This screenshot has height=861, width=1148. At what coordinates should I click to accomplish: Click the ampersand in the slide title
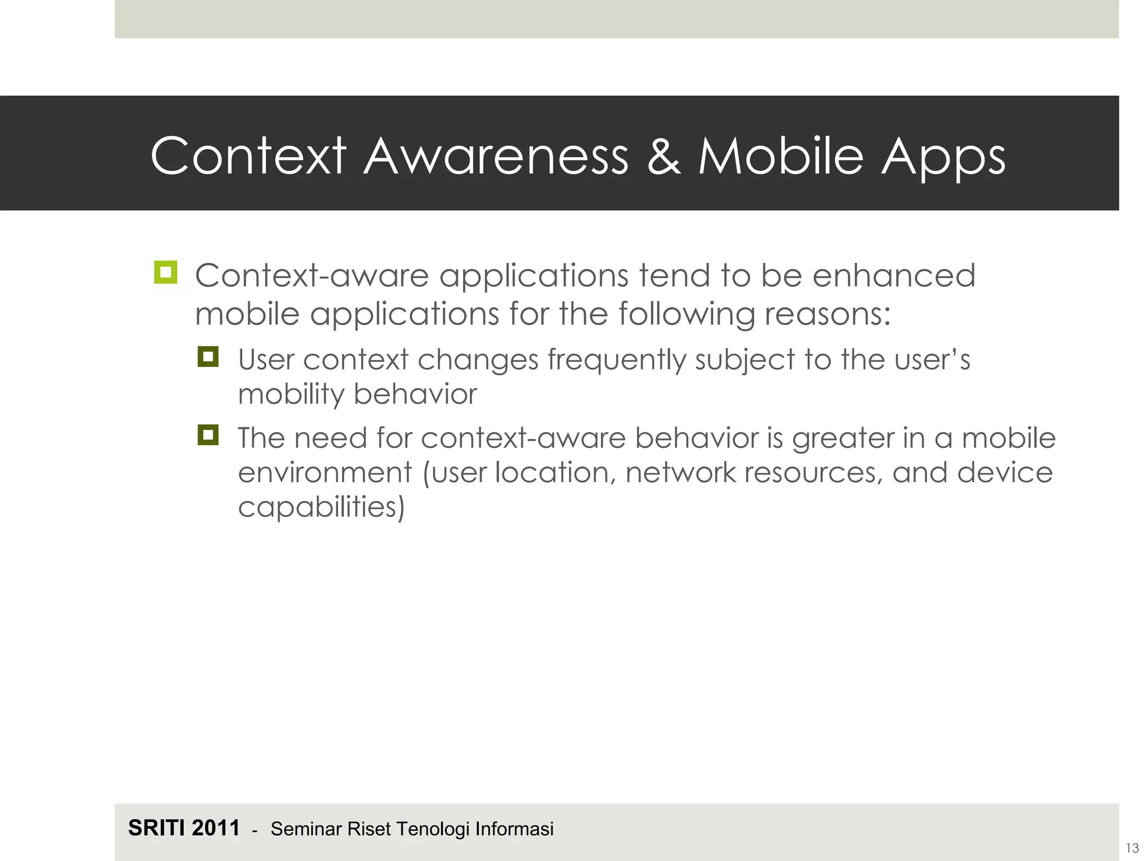(663, 156)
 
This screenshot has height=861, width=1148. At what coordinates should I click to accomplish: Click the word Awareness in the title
(496, 156)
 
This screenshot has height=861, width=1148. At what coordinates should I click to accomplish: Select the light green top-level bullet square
(165, 273)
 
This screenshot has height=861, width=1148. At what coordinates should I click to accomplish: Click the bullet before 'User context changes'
(208, 357)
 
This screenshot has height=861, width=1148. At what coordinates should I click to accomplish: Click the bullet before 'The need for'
(208, 435)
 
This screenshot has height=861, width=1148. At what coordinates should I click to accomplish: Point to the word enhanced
(894, 276)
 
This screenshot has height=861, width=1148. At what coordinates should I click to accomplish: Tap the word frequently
(617, 360)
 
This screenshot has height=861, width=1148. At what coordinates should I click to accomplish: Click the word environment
(325, 473)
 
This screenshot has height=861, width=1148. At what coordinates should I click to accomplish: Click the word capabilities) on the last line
(321, 508)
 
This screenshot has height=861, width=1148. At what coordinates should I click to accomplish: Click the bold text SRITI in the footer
(157, 828)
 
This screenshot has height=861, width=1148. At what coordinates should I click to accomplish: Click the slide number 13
(1132, 848)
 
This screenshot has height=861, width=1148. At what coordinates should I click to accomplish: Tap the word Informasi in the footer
(514, 829)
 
